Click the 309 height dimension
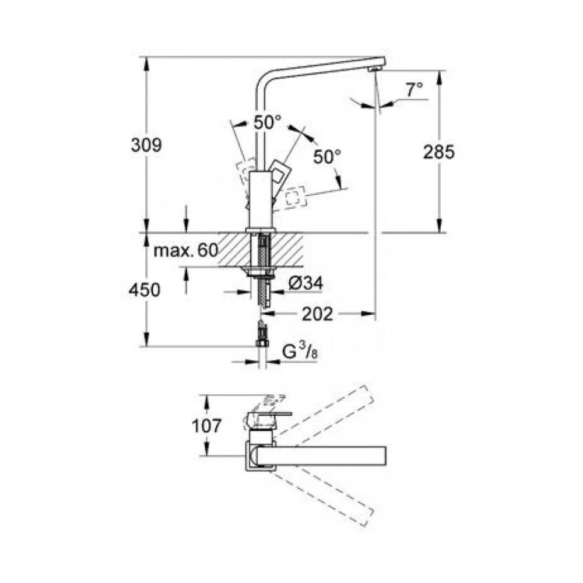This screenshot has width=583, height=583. (x=146, y=145)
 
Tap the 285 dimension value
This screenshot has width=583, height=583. (x=439, y=152)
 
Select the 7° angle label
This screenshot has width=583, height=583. (x=414, y=90)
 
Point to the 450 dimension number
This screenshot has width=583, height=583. (x=144, y=290)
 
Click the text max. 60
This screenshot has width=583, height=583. (x=186, y=250)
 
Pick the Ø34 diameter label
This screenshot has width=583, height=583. (x=305, y=284)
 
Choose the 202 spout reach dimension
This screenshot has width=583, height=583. (x=317, y=314)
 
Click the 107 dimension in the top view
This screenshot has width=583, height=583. (x=206, y=426)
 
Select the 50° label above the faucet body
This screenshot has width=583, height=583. (x=268, y=122)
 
